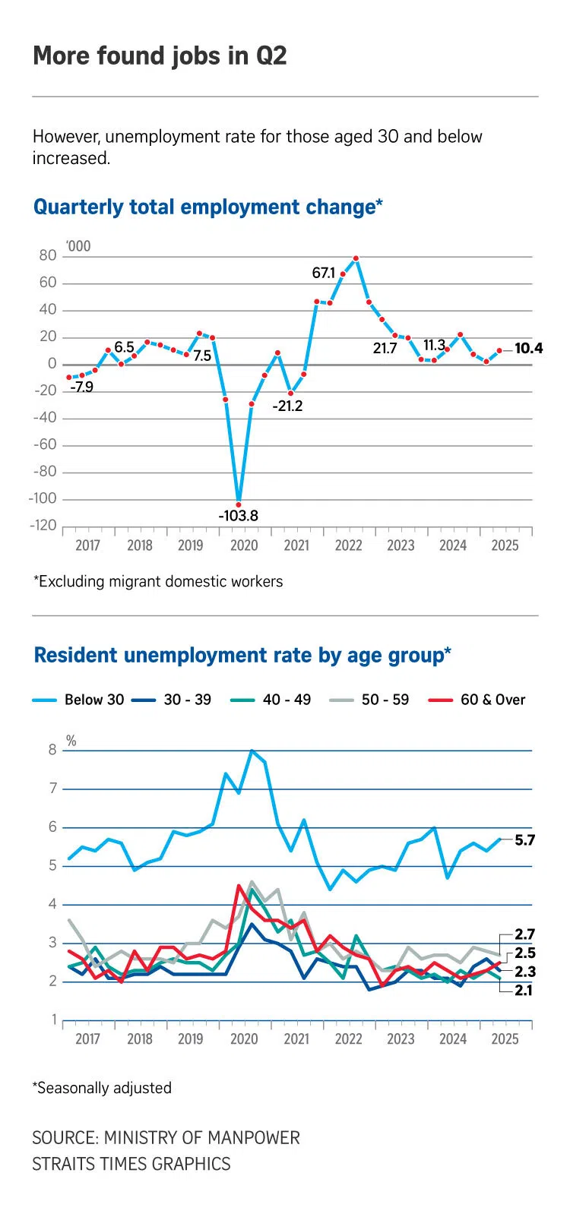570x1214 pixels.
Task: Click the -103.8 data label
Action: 238,516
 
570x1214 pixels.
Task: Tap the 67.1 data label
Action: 324,273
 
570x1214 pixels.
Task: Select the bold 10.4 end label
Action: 528,349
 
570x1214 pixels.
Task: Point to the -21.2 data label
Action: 287,406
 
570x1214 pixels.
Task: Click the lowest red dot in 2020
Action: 239,504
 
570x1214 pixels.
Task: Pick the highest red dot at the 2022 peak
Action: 356,258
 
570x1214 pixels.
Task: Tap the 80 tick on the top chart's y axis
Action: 48,256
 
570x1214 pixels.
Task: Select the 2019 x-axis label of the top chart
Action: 191,545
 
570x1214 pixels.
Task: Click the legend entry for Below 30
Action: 78,700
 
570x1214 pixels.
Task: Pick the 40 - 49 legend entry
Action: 271,700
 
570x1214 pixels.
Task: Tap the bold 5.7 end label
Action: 525,840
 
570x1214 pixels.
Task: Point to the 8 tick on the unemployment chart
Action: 52,751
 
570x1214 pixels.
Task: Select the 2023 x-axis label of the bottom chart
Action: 401,1039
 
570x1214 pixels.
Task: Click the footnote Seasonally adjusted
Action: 103,1088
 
